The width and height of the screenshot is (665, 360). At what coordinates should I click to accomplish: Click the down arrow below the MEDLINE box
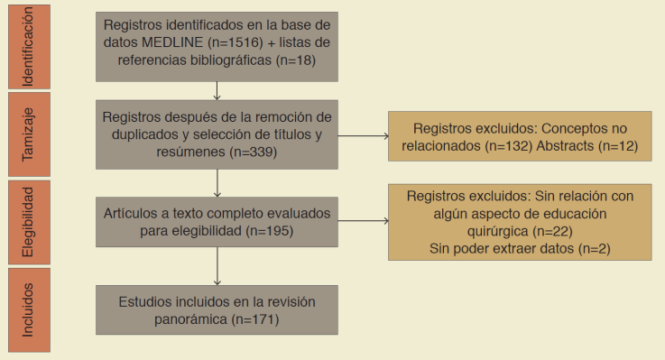(217, 88)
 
